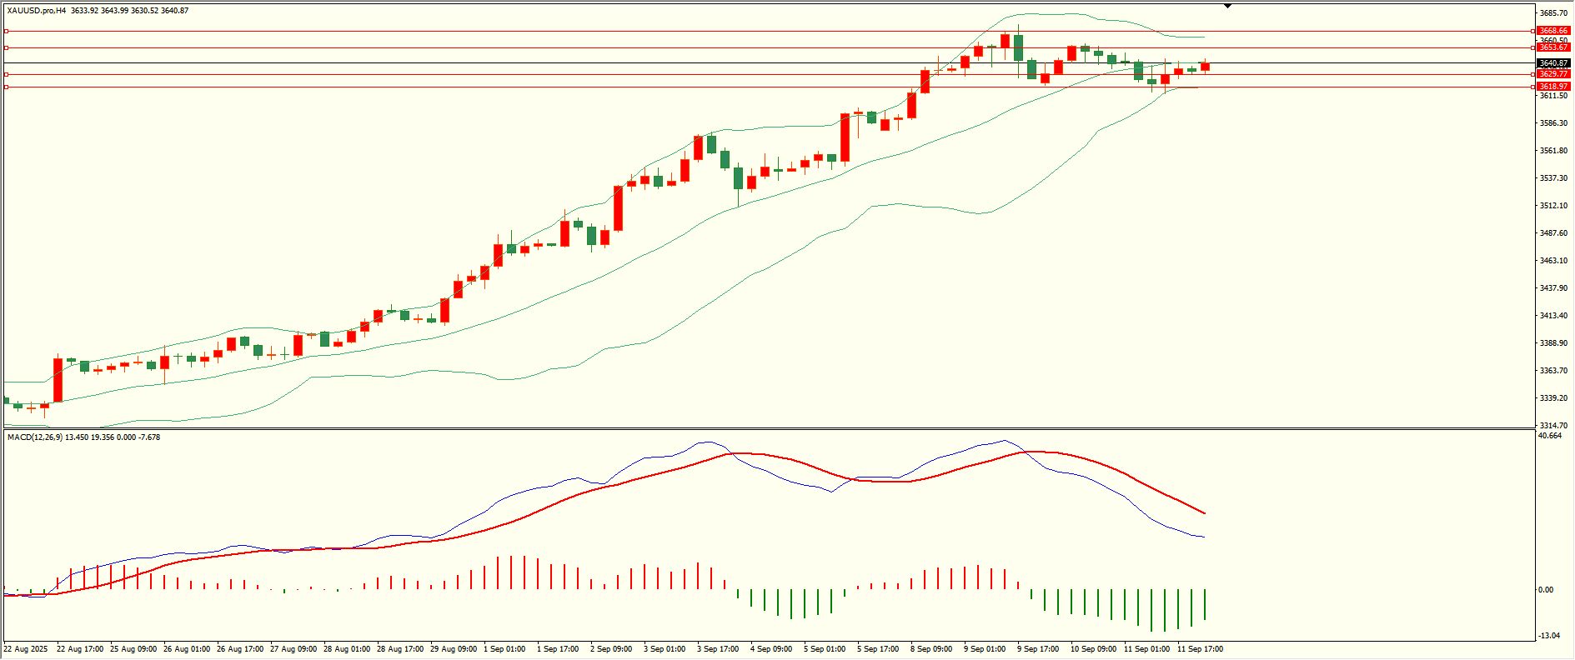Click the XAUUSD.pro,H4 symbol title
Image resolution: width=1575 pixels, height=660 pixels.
(x=37, y=11)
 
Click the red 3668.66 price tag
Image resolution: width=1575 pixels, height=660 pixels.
(x=1553, y=31)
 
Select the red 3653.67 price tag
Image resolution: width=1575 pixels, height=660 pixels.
(x=1553, y=47)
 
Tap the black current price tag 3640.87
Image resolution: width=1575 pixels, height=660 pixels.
(x=1553, y=63)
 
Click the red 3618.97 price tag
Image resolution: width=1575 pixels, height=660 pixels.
(x=1553, y=87)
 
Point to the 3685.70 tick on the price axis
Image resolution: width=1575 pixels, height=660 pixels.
(x=1553, y=13)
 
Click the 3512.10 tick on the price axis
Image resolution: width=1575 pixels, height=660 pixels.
(x=1553, y=206)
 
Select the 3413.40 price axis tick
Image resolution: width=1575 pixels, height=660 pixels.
(x=1553, y=316)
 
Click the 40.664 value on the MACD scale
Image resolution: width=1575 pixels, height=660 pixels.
(x=1550, y=436)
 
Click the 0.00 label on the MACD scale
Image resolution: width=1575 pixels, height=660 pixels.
(x=1545, y=590)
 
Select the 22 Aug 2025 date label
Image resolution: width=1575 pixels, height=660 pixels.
(x=26, y=649)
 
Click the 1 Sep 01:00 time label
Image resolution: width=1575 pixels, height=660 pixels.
(x=506, y=649)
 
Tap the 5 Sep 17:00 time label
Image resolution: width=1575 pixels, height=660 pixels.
(x=879, y=649)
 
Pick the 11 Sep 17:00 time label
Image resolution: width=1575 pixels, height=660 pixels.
(x=1200, y=649)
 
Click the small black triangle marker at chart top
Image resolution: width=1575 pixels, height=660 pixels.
(x=1228, y=6)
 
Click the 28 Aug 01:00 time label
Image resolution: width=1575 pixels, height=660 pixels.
(x=347, y=649)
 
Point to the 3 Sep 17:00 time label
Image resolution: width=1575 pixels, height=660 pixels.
(x=719, y=649)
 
